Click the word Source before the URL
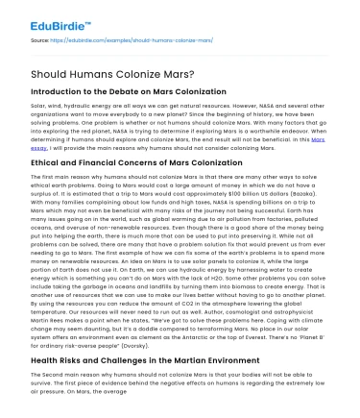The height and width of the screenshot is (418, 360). pyautogui.click(x=40, y=41)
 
